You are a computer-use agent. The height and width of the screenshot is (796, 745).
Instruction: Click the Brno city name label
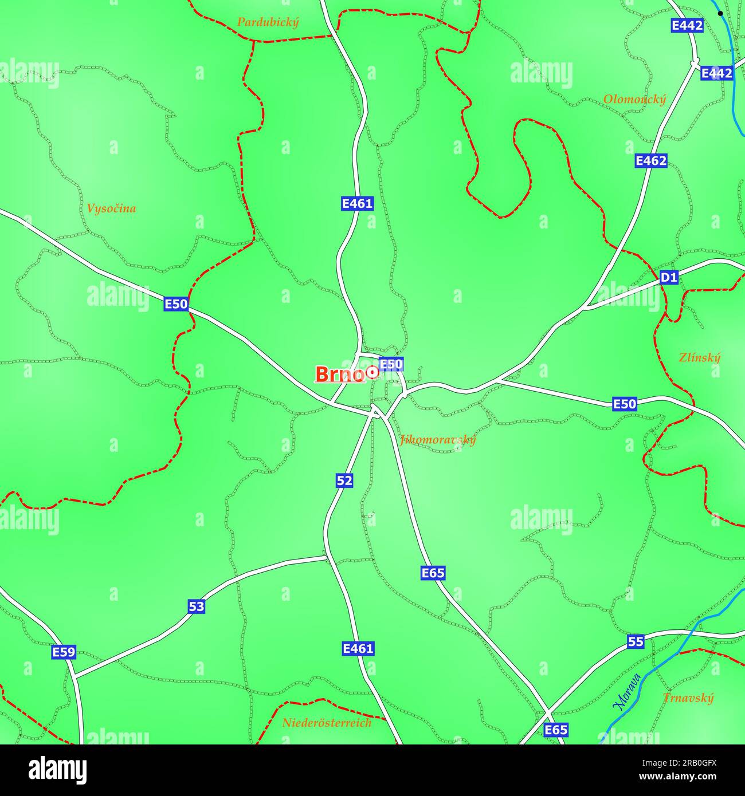click(x=339, y=375)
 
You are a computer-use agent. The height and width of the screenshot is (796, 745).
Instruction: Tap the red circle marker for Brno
click(x=372, y=373)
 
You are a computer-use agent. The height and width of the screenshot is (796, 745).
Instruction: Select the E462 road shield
click(x=651, y=161)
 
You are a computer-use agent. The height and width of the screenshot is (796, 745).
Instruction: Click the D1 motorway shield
click(x=669, y=278)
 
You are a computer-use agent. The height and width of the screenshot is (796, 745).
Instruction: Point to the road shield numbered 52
click(x=344, y=480)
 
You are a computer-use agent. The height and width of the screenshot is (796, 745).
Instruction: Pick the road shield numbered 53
click(x=196, y=606)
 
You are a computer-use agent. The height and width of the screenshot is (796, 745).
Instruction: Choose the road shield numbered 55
click(x=635, y=641)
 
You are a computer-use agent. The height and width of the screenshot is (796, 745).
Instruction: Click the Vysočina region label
click(x=111, y=208)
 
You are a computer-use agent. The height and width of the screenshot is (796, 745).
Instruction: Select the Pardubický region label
click(x=268, y=22)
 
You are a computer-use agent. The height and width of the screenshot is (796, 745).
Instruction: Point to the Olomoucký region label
click(x=634, y=100)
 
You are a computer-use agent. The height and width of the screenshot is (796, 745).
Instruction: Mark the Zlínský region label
click(x=699, y=357)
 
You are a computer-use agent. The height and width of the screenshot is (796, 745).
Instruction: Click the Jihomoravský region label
click(x=438, y=440)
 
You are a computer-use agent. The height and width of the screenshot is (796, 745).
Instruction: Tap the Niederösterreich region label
click(x=327, y=723)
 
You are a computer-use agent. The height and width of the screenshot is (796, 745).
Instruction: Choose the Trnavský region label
click(x=688, y=698)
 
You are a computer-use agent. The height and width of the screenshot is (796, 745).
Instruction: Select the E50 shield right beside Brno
click(x=391, y=364)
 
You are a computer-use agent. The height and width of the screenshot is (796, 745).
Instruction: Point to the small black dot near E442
click(x=720, y=13)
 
